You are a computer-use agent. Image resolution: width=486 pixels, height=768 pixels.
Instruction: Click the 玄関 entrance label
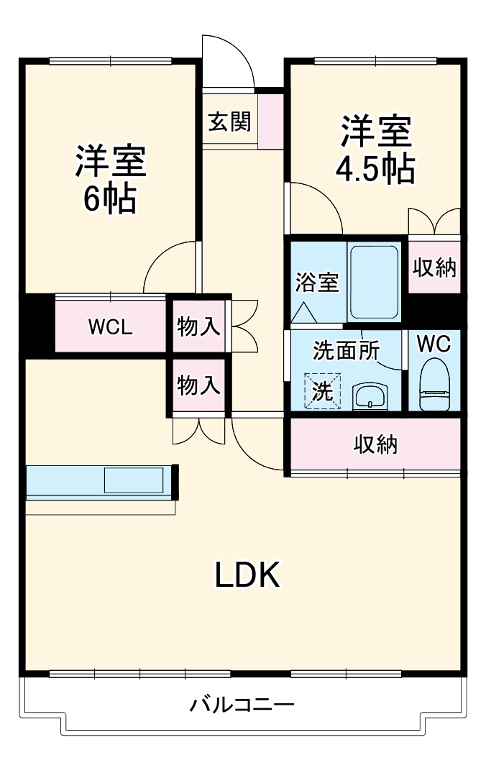[229, 122]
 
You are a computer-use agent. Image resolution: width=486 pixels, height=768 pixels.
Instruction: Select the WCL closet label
[110, 327]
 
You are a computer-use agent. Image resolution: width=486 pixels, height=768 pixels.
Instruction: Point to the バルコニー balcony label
[242, 704]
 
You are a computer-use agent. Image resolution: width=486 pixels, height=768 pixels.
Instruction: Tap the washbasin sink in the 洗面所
[371, 395]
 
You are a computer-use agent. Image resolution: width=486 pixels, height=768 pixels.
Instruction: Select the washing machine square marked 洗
[321, 391]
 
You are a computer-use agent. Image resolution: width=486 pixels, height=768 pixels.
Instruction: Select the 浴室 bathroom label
[316, 283]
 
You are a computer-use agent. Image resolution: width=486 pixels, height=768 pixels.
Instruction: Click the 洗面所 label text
[346, 349]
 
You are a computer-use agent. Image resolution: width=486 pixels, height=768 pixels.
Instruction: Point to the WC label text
[434, 344]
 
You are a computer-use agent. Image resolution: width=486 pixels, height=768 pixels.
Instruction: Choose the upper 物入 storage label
[198, 326]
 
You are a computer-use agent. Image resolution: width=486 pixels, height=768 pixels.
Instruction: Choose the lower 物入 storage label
[198, 385]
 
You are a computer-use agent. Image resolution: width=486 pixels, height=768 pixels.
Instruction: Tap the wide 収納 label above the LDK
[375, 444]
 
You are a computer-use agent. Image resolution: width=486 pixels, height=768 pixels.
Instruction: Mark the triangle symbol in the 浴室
[303, 312]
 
